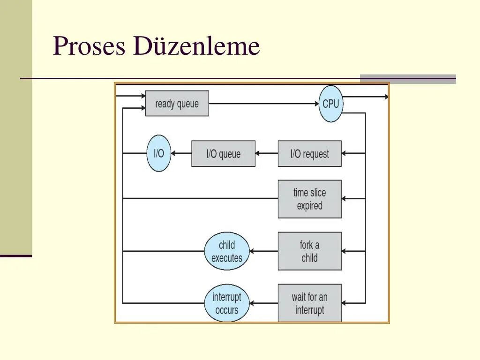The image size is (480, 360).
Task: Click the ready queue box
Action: pyautogui.click(x=177, y=104)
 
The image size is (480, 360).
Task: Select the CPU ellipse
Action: pyautogui.click(x=330, y=104)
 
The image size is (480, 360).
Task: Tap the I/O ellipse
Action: pyautogui.click(x=159, y=153)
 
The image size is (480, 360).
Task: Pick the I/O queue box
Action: pyautogui.click(x=223, y=154)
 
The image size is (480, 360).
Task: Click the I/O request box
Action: pyautogui.click(x=309, y=154)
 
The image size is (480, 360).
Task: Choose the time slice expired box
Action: pyautogui.click(x=309, y=199)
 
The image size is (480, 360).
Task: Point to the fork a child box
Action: pyautogui.click(x=309, y=251)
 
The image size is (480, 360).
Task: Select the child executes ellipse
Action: pyautogui.click(x=227, y=251)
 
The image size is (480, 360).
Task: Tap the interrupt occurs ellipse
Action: pyautogui.click(x=227, y=303)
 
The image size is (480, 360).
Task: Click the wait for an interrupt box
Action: pyautogui.click(x=309, y=303)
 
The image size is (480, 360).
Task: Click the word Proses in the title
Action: pyautogui.click(x=89, y=47)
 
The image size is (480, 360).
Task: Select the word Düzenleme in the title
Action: pyautogui.click(x=196, y=47)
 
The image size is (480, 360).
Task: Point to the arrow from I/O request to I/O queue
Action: pyautogui.click(x=267, y=153)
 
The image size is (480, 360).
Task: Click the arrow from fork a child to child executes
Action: pyautogui.click(x=264, y=251)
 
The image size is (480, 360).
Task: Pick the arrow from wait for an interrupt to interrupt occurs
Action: pyautogui.click(x=264, y=303)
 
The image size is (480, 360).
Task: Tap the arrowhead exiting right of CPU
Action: pyautogui.click(x=386, y=97)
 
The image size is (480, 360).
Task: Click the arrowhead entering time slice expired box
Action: pyautogui.click(x=344, y=199)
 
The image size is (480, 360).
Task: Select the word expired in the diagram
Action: pyautogui.click(x=309, y=206)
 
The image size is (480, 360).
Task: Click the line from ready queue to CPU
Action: pyautogui.click(x=262, y=104)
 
